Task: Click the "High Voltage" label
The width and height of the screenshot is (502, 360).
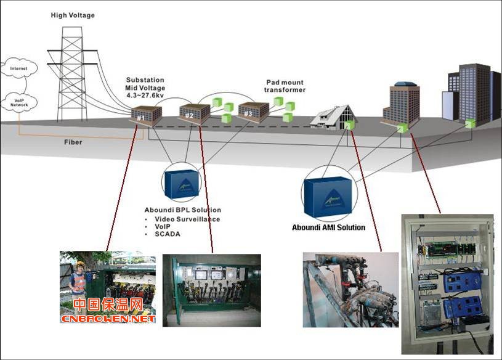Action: [x=73, y=15]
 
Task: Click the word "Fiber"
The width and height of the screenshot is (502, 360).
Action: [x=73, y=142]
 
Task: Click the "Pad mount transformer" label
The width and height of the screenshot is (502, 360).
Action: [x=285, y=86]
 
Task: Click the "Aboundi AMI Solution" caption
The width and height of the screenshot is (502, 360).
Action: [x=328, y=227]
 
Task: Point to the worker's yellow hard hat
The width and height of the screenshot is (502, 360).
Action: [x=80, y=264]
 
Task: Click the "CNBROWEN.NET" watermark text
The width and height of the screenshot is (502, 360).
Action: [x=107, y=319]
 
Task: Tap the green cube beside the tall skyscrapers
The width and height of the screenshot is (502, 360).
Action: [x=470, y=123]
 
